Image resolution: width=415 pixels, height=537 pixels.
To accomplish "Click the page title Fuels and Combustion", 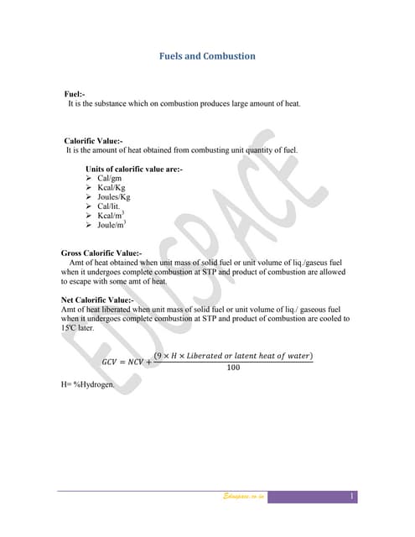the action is (207, 56).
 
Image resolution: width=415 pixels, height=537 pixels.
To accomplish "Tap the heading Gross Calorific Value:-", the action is (101, 253).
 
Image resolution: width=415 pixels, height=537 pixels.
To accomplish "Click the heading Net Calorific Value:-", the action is (97, 300).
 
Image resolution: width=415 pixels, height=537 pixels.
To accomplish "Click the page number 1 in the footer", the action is (352, 497).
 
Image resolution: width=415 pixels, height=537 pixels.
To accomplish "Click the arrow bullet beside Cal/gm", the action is (89, 179).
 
